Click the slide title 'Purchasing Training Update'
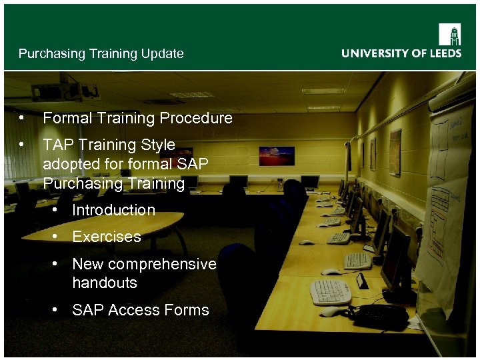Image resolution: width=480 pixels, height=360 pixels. tap(101, 54)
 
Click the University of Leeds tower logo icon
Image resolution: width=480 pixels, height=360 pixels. tap(449, 33)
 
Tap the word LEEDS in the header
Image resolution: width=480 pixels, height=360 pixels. tap(442, 53)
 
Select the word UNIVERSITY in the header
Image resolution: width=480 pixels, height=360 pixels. tap(374, 53)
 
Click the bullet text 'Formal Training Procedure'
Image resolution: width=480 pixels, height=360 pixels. tap(137, 118)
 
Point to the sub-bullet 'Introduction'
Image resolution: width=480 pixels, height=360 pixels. tap(113, 210)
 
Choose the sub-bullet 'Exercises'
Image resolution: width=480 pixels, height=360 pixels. tap(107, 237)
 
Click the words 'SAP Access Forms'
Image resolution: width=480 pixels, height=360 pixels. tap(140, 310)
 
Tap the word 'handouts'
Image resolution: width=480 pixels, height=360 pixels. tap(104, 283)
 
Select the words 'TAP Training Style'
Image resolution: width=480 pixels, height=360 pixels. tap(109, 145)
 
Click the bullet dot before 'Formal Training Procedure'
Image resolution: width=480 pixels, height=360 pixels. tap(23, 118)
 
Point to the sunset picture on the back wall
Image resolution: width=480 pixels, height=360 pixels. tap(277, 155)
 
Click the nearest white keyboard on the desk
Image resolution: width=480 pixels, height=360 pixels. tap(331, 291)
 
